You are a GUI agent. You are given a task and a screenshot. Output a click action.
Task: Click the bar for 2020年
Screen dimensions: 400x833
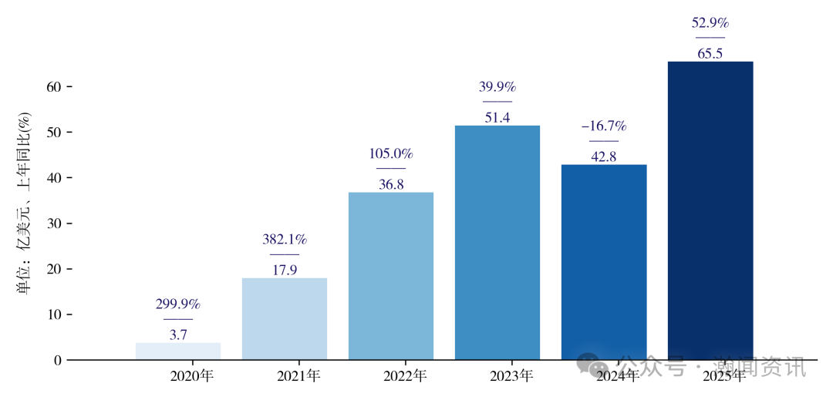(178, 351)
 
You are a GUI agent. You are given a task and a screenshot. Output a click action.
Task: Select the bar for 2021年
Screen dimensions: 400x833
(285, 319)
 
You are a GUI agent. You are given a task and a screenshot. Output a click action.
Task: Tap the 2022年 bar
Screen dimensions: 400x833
(391, 276)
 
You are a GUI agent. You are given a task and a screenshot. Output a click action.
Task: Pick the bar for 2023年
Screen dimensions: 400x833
(497, 243)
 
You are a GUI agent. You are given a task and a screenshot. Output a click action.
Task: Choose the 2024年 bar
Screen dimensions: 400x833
(604, 262)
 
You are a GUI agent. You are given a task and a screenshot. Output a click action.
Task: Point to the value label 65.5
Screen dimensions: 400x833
(710, 54)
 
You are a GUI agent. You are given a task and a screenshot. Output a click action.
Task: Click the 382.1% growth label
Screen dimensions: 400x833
(285, 240)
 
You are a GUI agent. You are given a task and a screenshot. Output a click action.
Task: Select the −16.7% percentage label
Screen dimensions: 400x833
(604, 126)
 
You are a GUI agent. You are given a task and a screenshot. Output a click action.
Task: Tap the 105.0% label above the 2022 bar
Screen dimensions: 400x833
(391, 154)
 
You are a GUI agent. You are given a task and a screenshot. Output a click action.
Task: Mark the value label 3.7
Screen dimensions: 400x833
(178, 335)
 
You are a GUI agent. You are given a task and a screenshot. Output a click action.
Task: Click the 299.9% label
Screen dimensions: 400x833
(178, 304)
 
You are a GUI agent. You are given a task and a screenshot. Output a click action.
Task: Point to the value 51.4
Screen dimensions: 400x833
(497, 118)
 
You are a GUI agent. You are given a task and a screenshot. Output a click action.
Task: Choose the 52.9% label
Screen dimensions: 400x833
(710, 23)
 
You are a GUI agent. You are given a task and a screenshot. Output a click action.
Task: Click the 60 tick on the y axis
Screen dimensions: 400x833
(53, 87)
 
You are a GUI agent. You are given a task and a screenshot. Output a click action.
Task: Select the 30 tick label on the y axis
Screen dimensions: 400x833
(53, 224)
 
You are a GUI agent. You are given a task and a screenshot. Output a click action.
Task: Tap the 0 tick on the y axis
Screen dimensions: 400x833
(57, 360)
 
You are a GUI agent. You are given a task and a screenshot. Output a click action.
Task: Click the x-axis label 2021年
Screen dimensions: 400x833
(298, 377)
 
